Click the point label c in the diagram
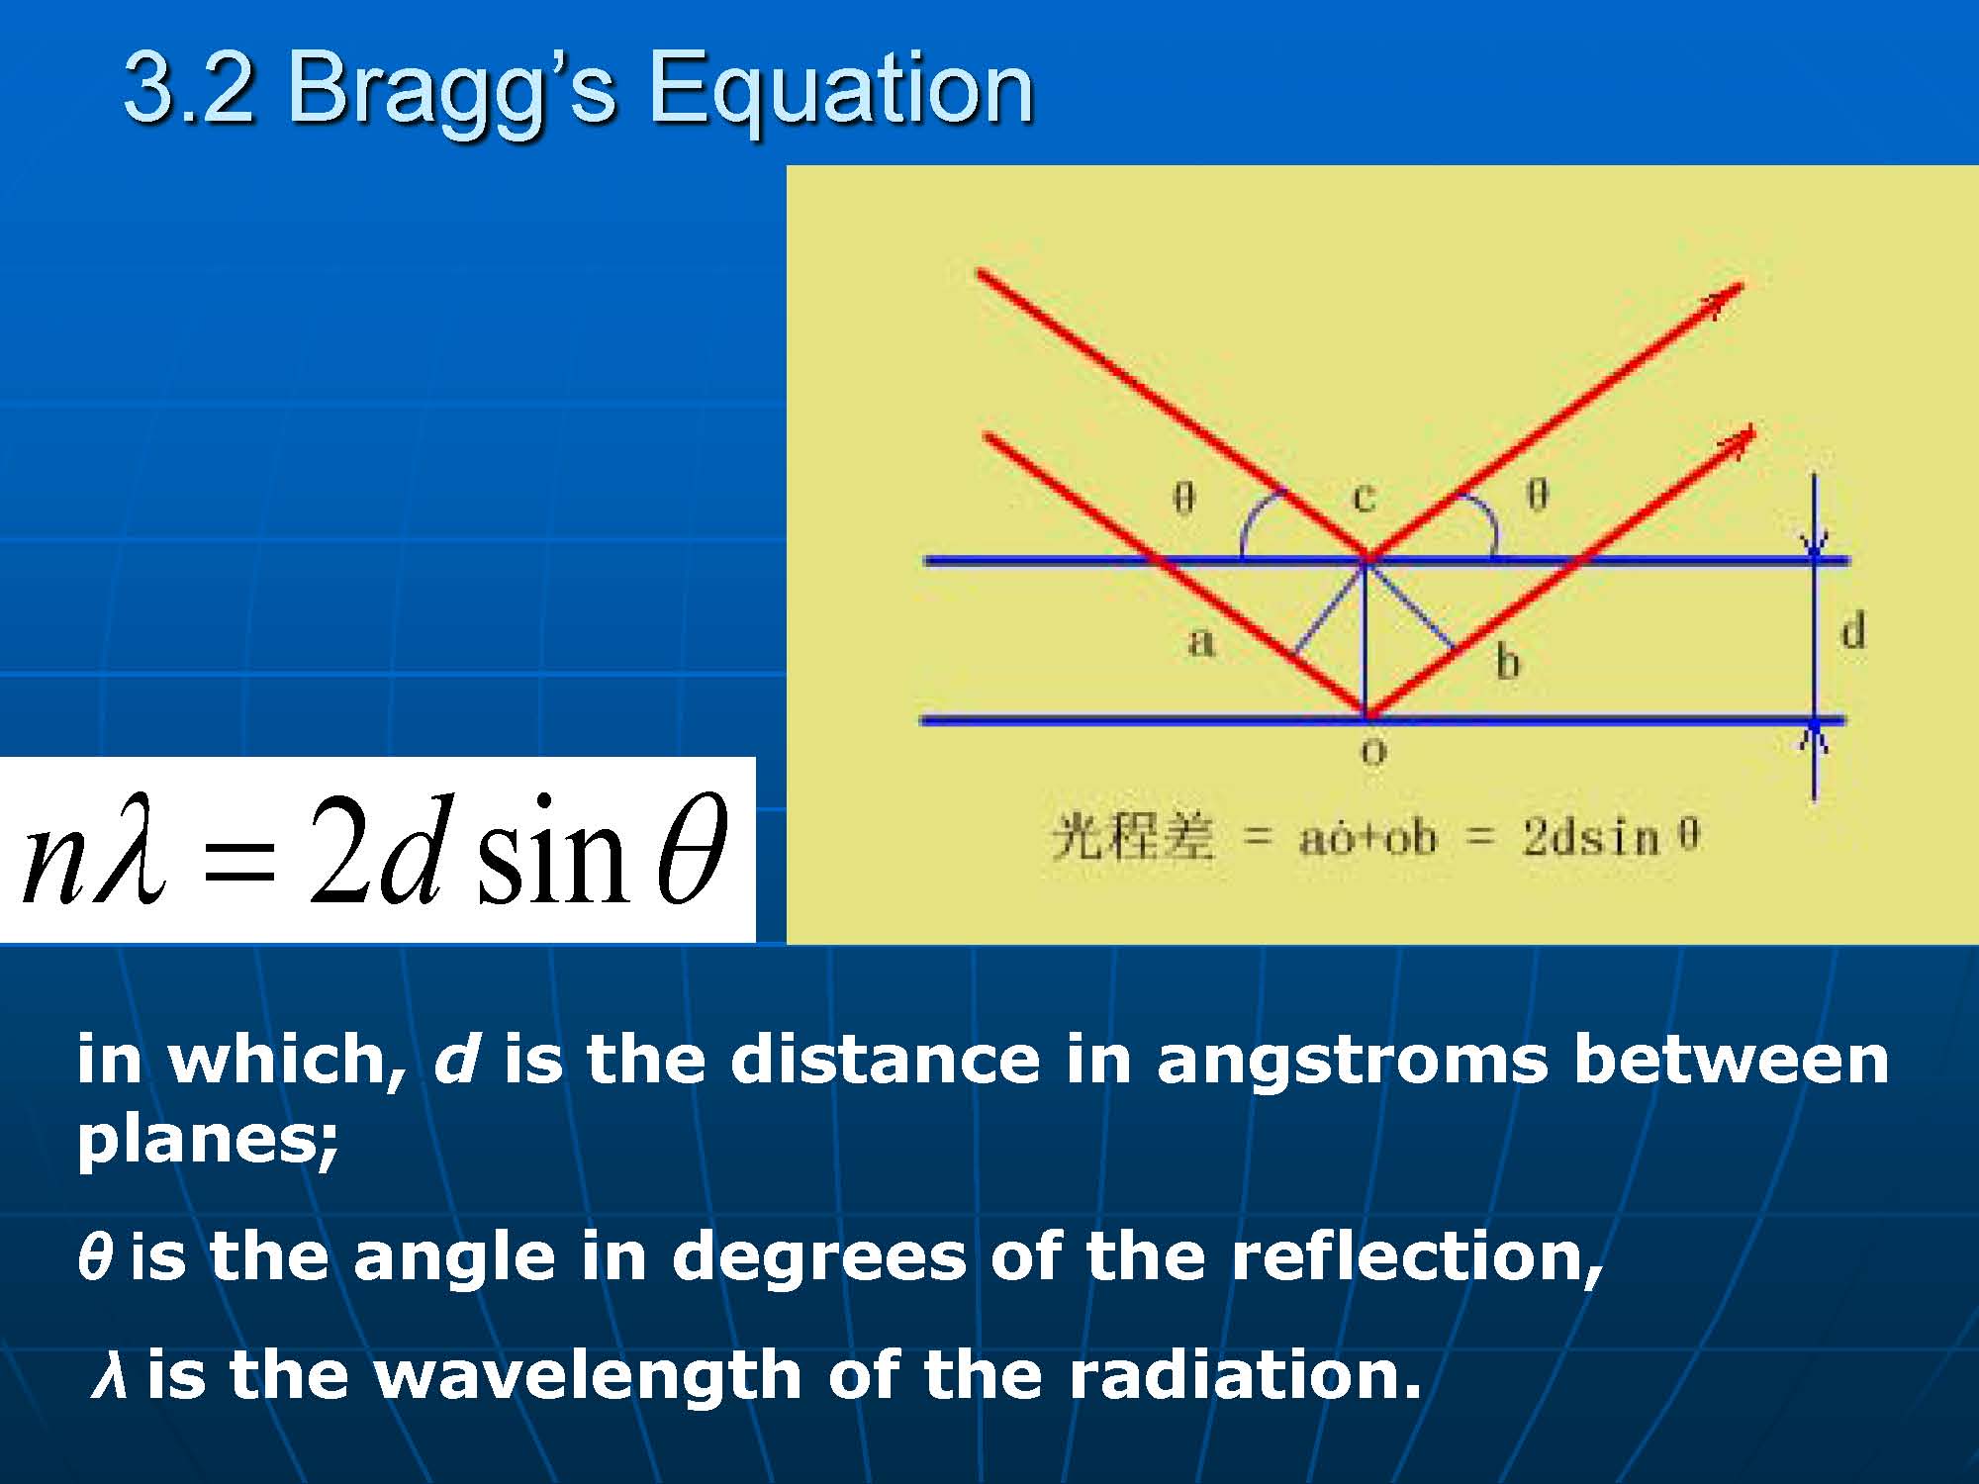[1365, 496]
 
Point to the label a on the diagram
[1200, 641]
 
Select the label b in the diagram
[1507, 660]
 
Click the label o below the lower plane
[1373, 753]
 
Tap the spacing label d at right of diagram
[1853, 630]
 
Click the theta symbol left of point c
[1183, 496]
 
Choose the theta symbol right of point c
[1537, 494]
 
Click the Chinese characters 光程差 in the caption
[1132, 837]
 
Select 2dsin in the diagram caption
[1592, 838]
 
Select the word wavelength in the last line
[589, 1375]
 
